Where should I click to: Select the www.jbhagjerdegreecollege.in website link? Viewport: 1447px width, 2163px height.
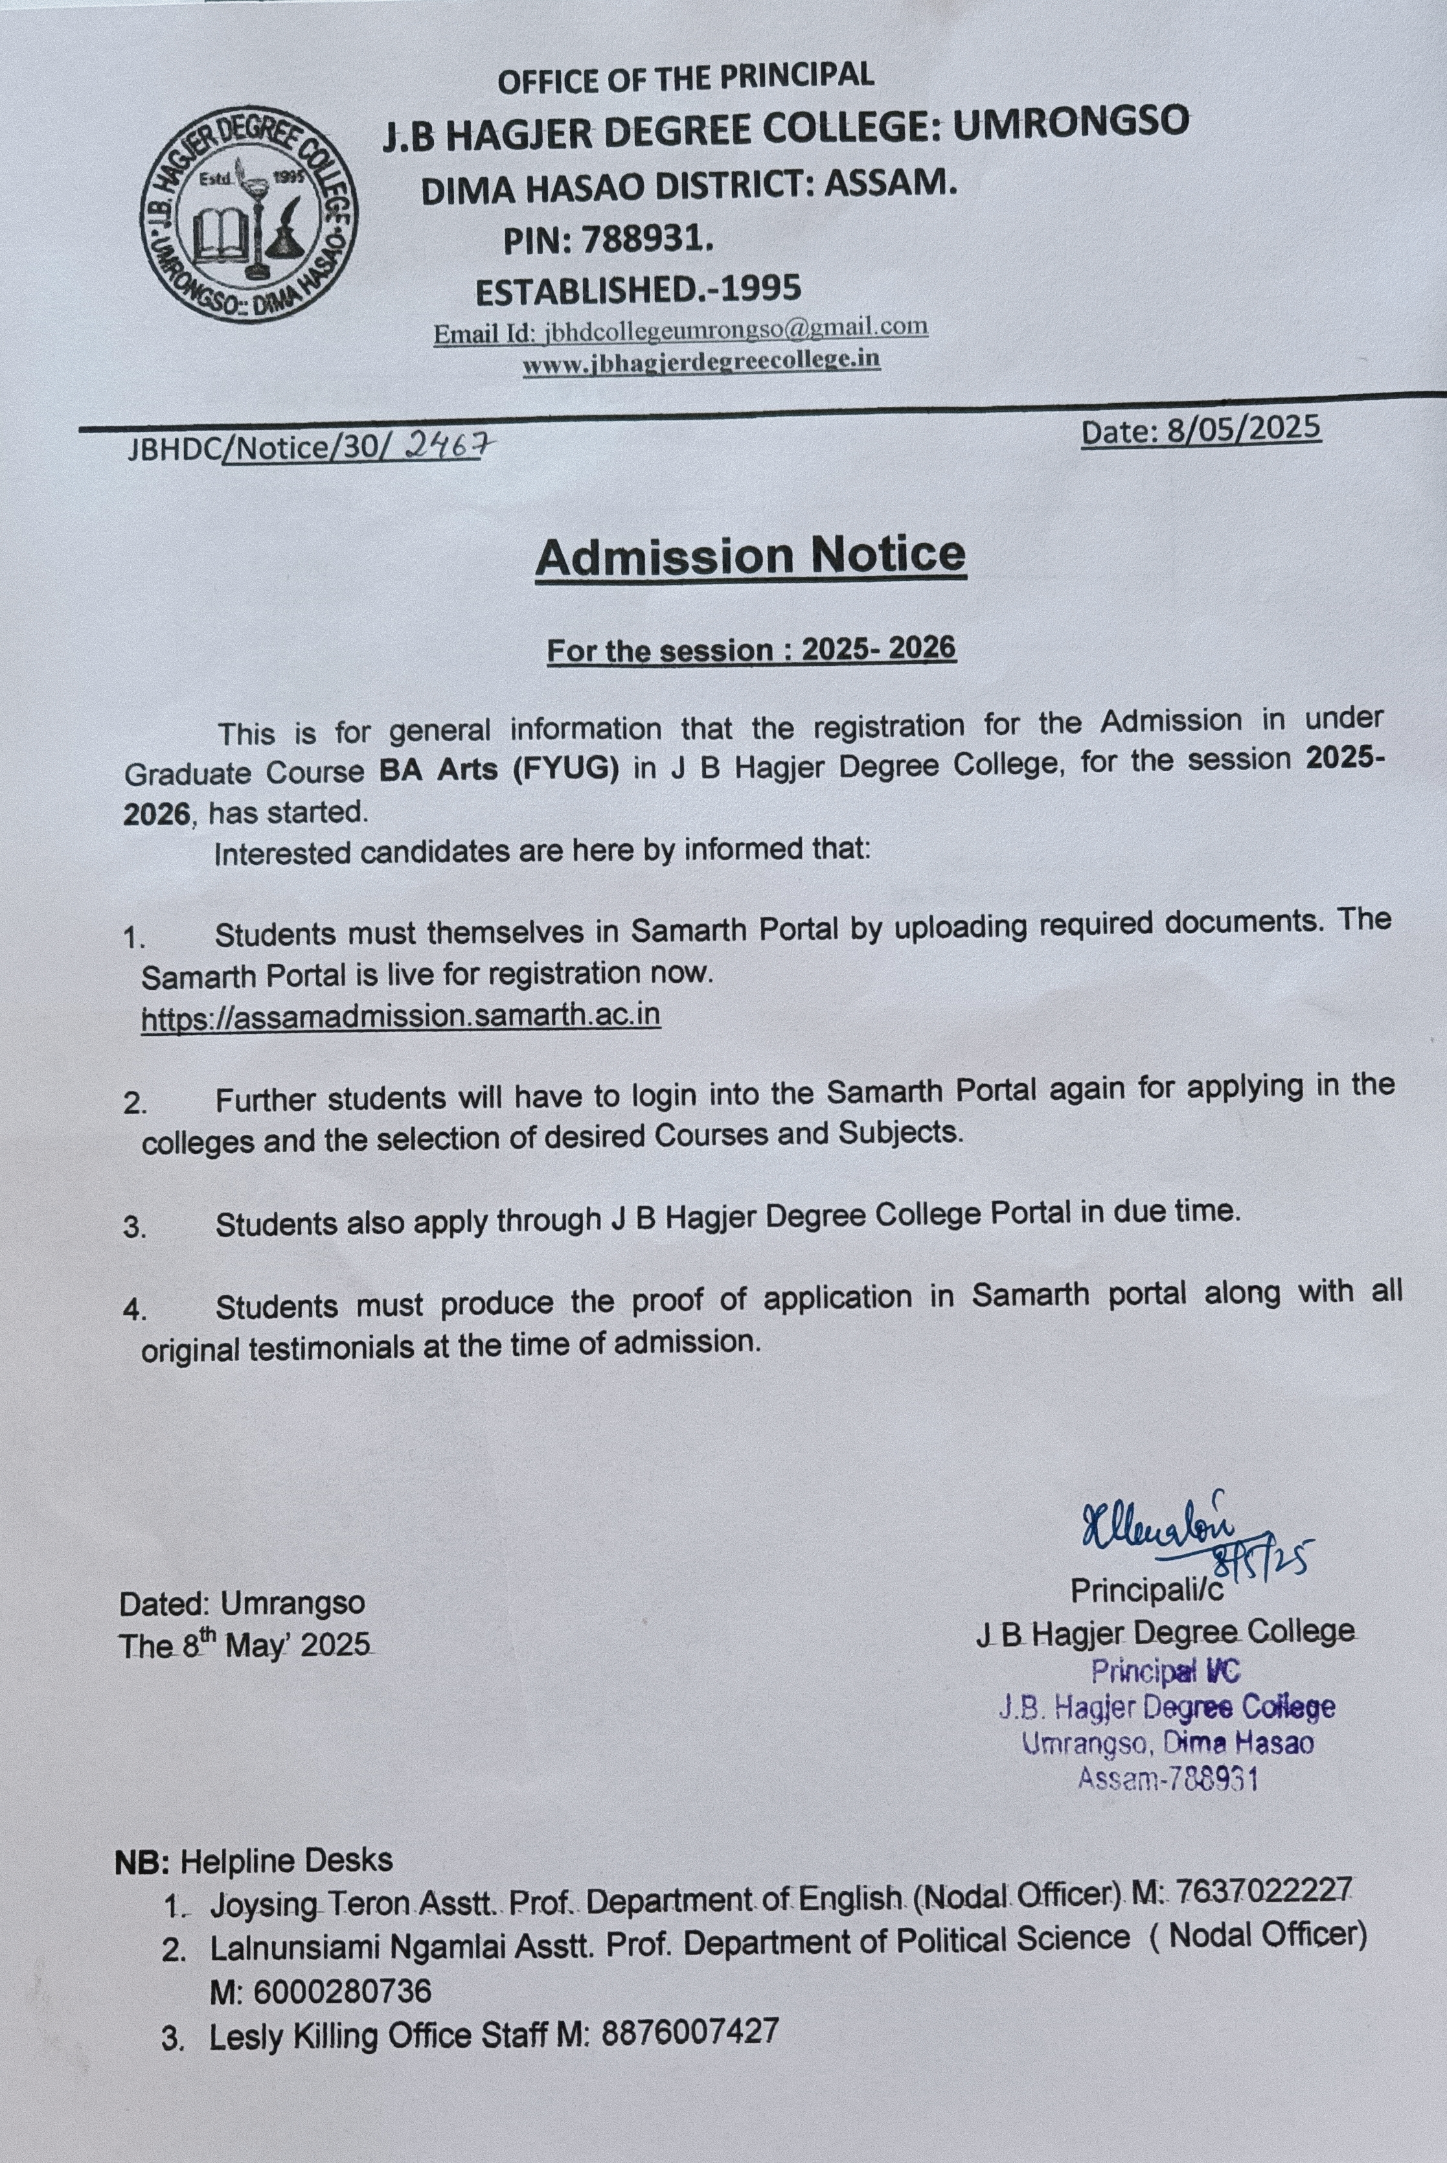pyautogui.click(x=701, y=361)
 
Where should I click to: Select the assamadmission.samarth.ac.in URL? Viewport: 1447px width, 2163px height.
pyautogui.click(x=400, y=1016)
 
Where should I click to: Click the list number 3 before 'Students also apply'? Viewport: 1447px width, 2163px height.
pyautogui.click(x=135, y=1228)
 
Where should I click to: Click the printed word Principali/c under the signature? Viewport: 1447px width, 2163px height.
pyautogui.click(x=1147, y=1590)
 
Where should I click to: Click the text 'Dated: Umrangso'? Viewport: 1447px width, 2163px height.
pyautogui.click(x=242, y=1603)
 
